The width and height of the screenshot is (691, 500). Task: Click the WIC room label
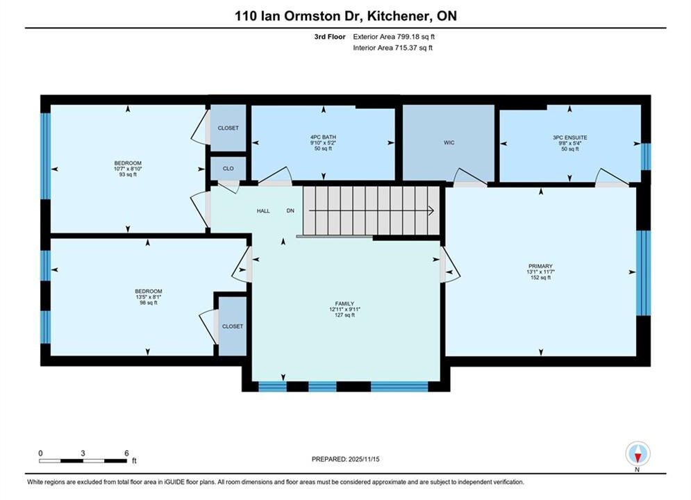click(449, 143)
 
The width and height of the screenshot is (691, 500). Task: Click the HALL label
click(263, 211)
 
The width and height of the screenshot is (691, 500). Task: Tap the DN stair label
click(290, 211)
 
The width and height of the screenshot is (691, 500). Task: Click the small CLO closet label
click(228, 169)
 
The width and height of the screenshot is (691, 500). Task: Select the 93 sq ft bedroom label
click(128, 169)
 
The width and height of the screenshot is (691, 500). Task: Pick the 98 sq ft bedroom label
click(149, 297)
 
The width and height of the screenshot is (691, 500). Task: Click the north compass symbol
click(638, 453)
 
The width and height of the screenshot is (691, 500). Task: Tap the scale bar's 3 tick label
click(83, 453)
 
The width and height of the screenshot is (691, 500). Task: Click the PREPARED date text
click(346, 459)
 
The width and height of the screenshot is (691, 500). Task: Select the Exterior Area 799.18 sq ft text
click(394, 37)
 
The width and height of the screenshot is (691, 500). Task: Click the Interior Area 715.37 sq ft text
click(392, 48)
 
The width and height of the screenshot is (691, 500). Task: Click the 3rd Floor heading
click(330, 37)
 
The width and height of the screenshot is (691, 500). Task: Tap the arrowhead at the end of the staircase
click(431, 211)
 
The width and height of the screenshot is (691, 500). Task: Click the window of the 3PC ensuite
click(646, 157)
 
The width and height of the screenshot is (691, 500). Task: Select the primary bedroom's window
click(643, 273)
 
